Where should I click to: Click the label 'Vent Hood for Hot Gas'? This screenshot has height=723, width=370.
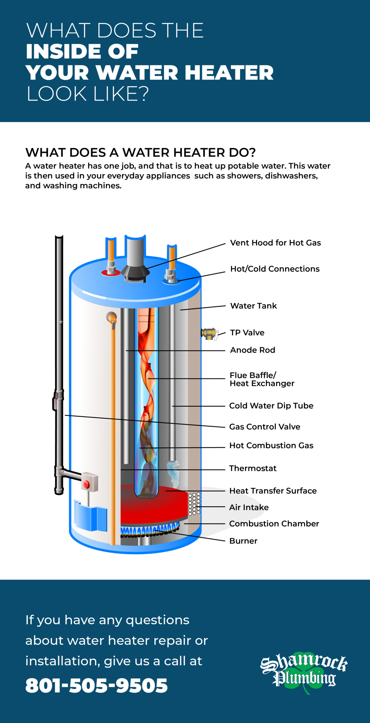[275, 243]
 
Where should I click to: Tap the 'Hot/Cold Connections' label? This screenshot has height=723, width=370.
[275, 269]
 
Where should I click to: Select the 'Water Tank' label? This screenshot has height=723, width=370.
[253, 306]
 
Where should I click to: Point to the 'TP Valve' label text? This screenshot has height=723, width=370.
[247, 333]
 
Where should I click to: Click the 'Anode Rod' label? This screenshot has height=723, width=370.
[252, 350]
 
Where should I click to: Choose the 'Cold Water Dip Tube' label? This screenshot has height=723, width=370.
[271, 406]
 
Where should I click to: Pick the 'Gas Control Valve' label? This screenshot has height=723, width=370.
[265, 427]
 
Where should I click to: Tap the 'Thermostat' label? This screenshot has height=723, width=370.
[253, 469]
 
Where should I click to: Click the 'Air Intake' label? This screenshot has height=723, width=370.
[249, 508]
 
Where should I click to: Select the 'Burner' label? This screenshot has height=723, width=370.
[243, 541]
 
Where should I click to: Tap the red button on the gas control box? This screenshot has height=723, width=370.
[86, 485]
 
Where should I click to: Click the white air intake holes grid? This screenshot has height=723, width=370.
[194, 504]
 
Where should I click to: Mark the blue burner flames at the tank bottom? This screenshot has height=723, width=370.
[150, 530]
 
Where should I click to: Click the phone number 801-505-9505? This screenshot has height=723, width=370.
[96, 685]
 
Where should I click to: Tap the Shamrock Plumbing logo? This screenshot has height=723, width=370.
[304, 674]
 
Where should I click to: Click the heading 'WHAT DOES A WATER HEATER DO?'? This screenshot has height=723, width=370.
[140, 153]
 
